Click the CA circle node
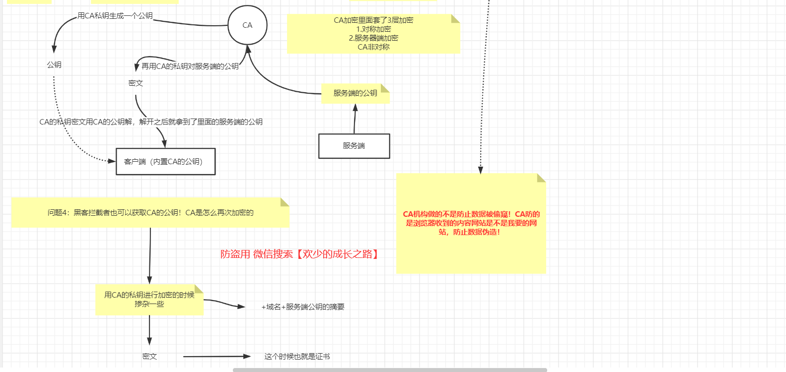pos(247,25)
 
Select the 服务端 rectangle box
pos(354,146)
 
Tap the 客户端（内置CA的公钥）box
pos(165,162)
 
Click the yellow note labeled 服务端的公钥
pos(355,93)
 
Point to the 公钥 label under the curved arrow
pos(54,65)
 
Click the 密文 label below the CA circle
pos(136,83)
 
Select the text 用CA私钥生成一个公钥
pos(115,16)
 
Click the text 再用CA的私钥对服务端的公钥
pos(190,66)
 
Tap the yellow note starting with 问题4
pos(150,213)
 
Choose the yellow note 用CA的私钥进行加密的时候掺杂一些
pos(149,300)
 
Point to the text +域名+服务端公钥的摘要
pos(303,307)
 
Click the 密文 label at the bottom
pos(149,357)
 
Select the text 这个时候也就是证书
pos(297,357)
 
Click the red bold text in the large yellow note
pos(471,223)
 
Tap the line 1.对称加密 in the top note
pos(373,29)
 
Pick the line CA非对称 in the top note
pos(373,47)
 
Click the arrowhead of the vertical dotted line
pos(480,170)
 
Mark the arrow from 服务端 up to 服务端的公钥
pos(355,119)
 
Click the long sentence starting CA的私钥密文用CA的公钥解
pos(151,122)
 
